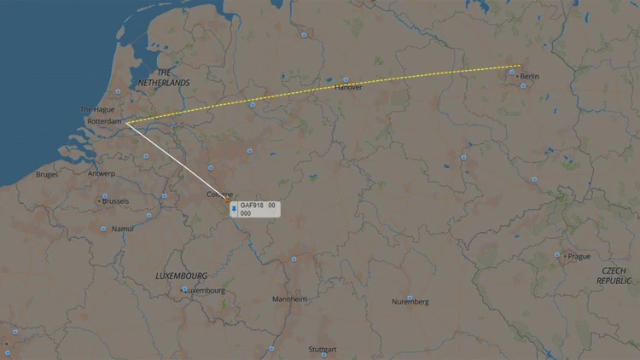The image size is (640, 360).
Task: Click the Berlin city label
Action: coord(529,77)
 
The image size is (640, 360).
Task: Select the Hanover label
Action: coord(348,87)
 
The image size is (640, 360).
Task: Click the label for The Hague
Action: coord(96,110)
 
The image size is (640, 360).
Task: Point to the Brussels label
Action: coord(115,201)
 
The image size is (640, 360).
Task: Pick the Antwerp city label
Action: coord(101,174)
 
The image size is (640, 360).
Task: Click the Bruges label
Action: coord(48,175)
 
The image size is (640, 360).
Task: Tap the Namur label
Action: coord(123,229)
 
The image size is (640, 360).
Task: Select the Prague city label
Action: coord(579,256)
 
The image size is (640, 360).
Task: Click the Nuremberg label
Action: coord(410,302)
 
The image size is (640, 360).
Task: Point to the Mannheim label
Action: coord(289,299)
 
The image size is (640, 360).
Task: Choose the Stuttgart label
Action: coord(323,350)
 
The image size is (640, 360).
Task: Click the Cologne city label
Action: coord(219,195)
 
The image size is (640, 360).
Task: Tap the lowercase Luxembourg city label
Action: coord(205,290)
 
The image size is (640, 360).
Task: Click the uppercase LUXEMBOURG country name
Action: coord(181,276)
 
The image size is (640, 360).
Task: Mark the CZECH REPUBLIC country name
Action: coord(614,275)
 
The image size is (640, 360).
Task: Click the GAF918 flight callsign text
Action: coord(253,206)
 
